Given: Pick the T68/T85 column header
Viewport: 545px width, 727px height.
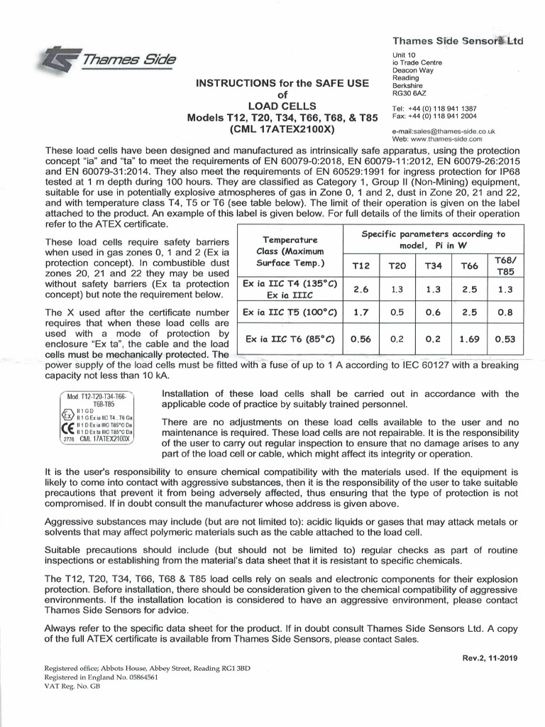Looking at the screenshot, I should pyautogui.click(x=505, y=266).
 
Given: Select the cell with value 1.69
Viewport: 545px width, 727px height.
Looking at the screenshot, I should pyautogui.click(x=469, y=339).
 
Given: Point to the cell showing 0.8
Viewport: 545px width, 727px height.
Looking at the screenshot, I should pyautogui.click(x=505, y=312).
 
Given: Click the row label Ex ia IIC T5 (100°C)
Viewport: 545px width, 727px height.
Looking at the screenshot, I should pyautogui.click(x=289, y=312).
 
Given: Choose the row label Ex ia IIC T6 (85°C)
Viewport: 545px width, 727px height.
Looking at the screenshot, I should pyautogui.click(x=289, y=339).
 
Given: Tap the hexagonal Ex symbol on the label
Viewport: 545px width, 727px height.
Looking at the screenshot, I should pyautogui.click(x=68, y=414).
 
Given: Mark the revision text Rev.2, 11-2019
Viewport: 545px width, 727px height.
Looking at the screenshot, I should pyautogui.click(x=489, y=658).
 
